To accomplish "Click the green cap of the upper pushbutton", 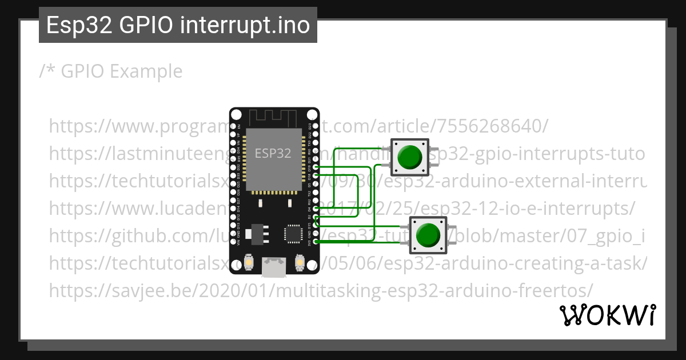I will tap(409, 157).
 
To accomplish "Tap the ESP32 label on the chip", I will tap(273, 153).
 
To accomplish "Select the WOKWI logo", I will tap(607, 315).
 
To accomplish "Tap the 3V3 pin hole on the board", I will tap(315, 242).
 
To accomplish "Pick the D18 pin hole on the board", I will tap(315, 175).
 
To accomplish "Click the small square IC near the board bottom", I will tap(293, 234).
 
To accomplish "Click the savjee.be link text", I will tap(320, 290).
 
